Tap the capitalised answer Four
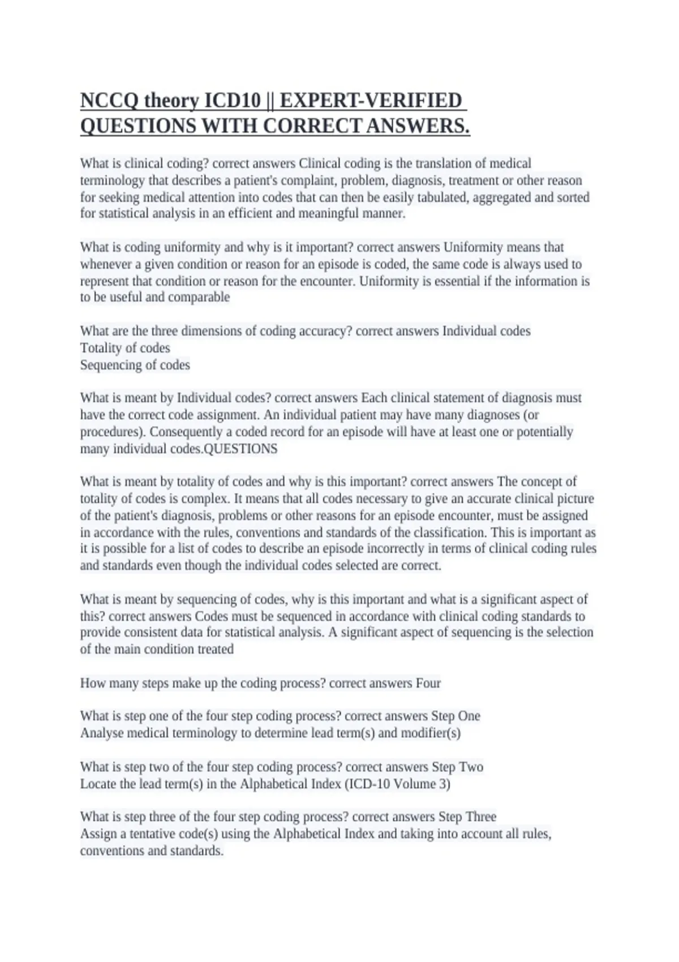tap(428, 683)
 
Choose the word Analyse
tap(102, 733)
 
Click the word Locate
tap(97, 784)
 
